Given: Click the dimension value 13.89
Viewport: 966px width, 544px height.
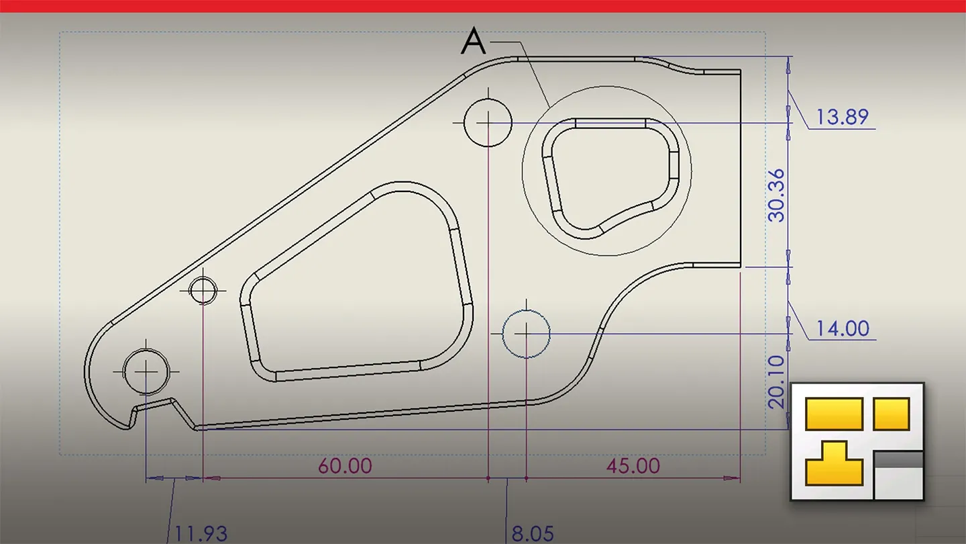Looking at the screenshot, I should click(842, 118).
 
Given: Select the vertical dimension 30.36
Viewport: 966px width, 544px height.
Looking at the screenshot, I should click(776, 195).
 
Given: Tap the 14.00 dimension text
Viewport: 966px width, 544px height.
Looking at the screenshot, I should click(842, 328).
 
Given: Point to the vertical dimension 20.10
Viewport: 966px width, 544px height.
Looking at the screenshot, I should click(776, 381).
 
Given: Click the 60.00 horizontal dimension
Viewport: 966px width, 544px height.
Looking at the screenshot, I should click(345, 465).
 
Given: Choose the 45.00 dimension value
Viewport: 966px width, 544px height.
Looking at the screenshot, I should click(633, 465).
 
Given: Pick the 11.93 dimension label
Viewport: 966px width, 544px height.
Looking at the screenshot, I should click(201, 534).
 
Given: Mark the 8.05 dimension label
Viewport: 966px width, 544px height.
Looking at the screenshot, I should click(533, 534).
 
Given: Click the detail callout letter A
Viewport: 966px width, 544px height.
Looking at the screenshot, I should click(474, 43).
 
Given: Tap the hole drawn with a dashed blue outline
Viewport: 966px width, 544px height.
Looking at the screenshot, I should click(526, 333).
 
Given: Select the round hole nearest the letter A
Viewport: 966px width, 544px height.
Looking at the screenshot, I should click(488, 123).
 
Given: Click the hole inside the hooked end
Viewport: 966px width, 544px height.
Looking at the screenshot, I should click(146, 371).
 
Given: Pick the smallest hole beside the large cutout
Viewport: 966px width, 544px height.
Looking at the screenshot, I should click(203, 290).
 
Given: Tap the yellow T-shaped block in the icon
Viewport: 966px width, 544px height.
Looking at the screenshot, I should click(834, 463).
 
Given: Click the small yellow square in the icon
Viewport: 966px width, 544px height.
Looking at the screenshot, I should click(892, 413).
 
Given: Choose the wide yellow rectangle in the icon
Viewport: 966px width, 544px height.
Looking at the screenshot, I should click(834, 413).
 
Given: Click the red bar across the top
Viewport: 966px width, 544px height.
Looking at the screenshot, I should click(483, 6).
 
